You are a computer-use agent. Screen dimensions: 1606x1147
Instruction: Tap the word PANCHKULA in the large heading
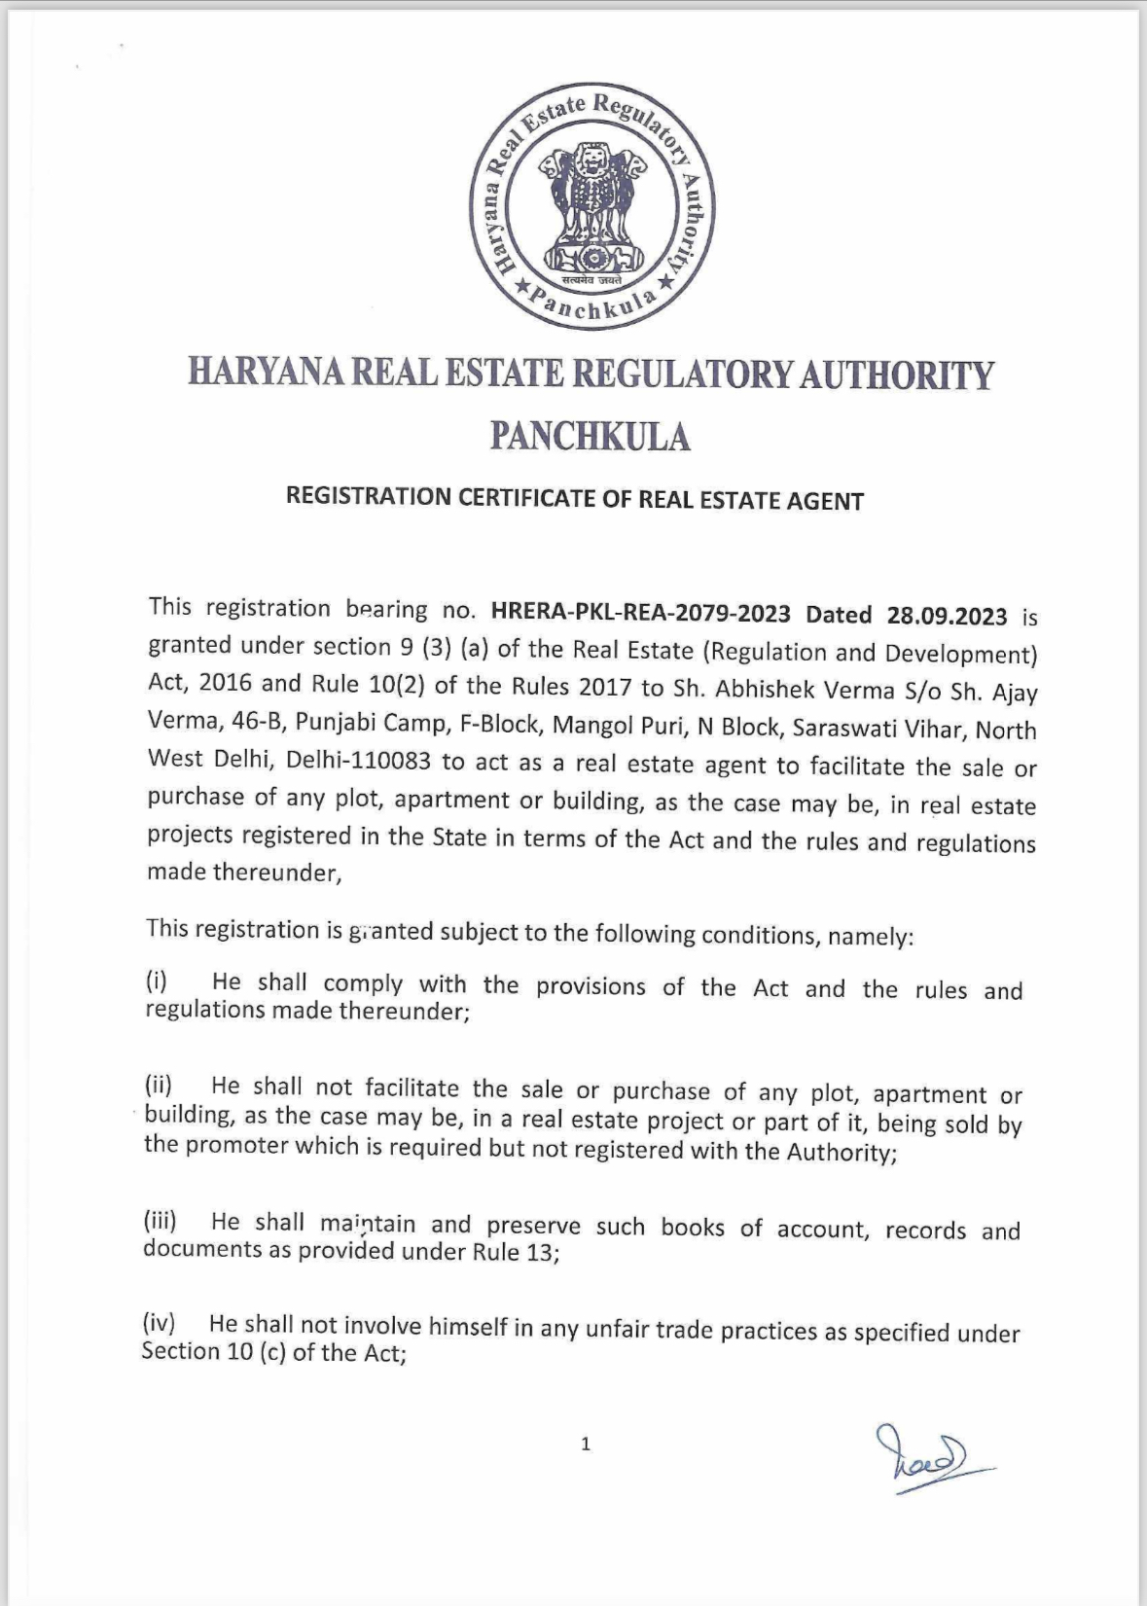pyautogui.click(x=590, y=437)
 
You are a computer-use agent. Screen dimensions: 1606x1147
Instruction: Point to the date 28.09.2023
pyautogui.click(x=947, y=616)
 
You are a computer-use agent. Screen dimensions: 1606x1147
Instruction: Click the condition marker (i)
pyautogui.click(x=157, y=981)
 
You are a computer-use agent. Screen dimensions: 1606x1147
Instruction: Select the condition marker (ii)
pyautogui.click(x=159, y=1085)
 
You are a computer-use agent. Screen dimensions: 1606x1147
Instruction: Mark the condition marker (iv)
pyautogui.click(x=159, y=1323)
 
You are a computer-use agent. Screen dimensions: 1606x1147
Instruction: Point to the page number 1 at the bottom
pyautogui.click(x=586, y=1445)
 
